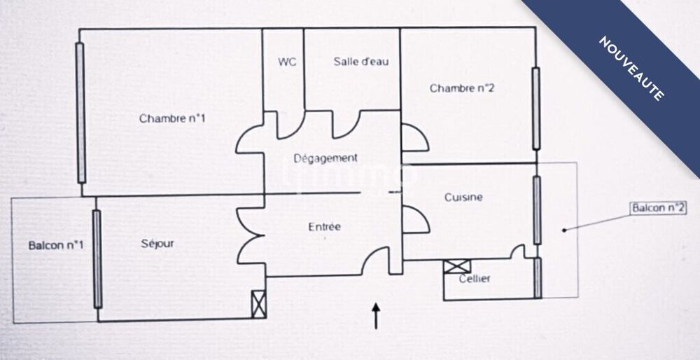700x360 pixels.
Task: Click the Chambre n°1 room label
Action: (172, 118)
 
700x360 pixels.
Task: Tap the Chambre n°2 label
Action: (462, 88)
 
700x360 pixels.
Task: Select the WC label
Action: (287, 62)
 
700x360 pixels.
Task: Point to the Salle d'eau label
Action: (361, 62)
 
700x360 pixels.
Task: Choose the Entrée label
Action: (325, 227)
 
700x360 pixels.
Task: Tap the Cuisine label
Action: (463, 198)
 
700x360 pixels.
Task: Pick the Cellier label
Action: (475, 279)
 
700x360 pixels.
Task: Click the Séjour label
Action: (157, 244)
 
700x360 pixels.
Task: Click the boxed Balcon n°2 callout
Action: (657, 209)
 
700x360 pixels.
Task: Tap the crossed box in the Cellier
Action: (457, 267)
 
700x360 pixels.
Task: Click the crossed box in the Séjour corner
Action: (258, 303)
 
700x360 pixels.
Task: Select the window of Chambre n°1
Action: (80, 112)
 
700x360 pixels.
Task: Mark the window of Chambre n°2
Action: (536, 109)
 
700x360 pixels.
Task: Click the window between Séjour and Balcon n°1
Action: (97, 258)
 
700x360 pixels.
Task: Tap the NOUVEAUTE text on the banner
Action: (631, 68)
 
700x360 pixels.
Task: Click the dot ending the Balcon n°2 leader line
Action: (564, 229)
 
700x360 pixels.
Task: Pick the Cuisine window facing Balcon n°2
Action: (537, 209)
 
